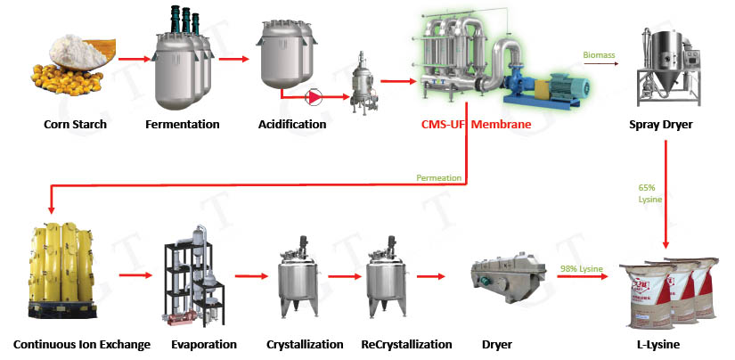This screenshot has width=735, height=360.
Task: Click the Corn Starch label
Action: tap(75, 124)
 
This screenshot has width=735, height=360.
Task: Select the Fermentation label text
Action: tap(183, 124)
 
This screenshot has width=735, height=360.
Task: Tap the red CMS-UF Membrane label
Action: tap(476, 124)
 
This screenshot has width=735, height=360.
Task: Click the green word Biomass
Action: tap(598, 54)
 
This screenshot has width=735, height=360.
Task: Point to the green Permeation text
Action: tap(439, 178)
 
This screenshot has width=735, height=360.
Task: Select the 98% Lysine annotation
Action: tap(580, 270)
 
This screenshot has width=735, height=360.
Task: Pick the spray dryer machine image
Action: tap(664, 62)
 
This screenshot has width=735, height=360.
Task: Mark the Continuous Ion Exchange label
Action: tap(82, 344)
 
